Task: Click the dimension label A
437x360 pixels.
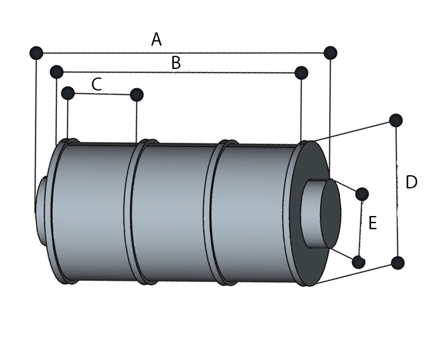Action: (156, 40)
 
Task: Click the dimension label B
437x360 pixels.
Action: (176, 63)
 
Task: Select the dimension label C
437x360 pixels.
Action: (97, 85)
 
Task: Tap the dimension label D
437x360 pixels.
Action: (411, 182)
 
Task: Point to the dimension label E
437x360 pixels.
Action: (372, 224)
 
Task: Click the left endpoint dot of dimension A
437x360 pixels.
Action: (36, 53)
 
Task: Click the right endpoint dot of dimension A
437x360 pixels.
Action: (330, 53)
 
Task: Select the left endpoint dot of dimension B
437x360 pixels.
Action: (56, 73)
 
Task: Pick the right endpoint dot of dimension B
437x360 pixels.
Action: (302, 73)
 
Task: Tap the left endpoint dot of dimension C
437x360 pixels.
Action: (68, 93)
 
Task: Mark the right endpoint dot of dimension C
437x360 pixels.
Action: (137, 95)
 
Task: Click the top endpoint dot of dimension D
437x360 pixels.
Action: (396, 121)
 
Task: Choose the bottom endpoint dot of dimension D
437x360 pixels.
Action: (397, 263)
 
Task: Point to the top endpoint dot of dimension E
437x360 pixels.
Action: (362, 194)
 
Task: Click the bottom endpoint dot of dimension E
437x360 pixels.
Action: (358, 262)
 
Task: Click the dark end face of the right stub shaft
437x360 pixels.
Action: (330, 214)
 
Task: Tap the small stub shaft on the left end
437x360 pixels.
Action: (40, 210)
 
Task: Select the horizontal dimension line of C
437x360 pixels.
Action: (102, 94)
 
